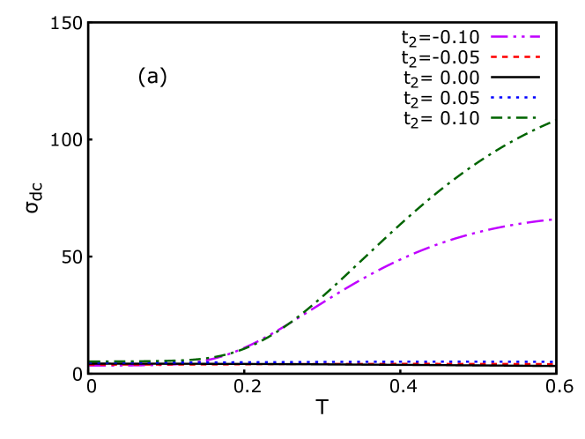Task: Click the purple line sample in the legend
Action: click(515, 36)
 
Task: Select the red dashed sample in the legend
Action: click(515, 56)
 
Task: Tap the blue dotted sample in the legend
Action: click(515, 97)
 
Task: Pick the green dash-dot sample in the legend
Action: click(515, 117)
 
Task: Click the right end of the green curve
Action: click(554, 120)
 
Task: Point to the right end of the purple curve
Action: click(553, 219)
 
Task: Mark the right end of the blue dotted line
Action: click(553, 361)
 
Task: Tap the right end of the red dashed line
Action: click(553, 363)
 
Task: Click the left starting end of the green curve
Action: click(90, 361)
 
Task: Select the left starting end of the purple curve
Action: click(90, 365)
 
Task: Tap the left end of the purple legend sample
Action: click(492, 36)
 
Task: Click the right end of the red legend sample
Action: click(539, 56)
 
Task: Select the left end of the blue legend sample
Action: click(492, 97)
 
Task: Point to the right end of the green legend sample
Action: click(539, 117)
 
